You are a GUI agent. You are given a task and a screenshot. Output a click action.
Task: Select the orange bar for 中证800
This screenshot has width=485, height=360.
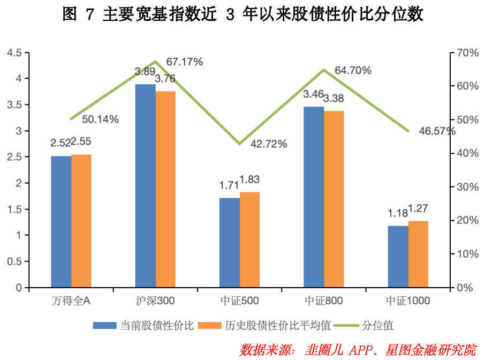(x=334, y=199)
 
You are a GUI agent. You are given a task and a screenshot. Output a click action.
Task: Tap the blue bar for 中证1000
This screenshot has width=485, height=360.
(x=398, y=257)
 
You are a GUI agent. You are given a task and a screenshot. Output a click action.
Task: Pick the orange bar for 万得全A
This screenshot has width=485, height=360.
(x=81, y=221)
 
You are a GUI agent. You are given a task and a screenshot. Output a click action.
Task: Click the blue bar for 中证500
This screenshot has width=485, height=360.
(x=229, y=243)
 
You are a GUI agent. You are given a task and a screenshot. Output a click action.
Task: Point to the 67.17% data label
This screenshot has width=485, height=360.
(x=185, y=62)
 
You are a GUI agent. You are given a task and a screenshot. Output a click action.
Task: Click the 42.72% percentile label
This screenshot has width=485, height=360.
(x=269, y=144)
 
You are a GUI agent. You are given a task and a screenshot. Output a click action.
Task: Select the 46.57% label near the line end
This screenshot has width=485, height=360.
(x=437, y=131)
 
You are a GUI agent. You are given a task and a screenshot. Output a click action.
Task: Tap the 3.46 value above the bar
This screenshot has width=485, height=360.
(x=313, y=95)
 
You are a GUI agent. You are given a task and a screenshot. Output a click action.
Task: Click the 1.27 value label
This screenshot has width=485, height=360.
(x=419, y=209)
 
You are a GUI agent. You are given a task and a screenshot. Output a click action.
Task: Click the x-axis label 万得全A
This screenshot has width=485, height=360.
(x=71, y=301)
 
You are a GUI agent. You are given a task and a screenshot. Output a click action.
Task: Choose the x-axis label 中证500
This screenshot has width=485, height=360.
(x=239, y=301)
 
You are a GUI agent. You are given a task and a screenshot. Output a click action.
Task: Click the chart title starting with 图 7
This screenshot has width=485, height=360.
(x=242, y=15)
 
